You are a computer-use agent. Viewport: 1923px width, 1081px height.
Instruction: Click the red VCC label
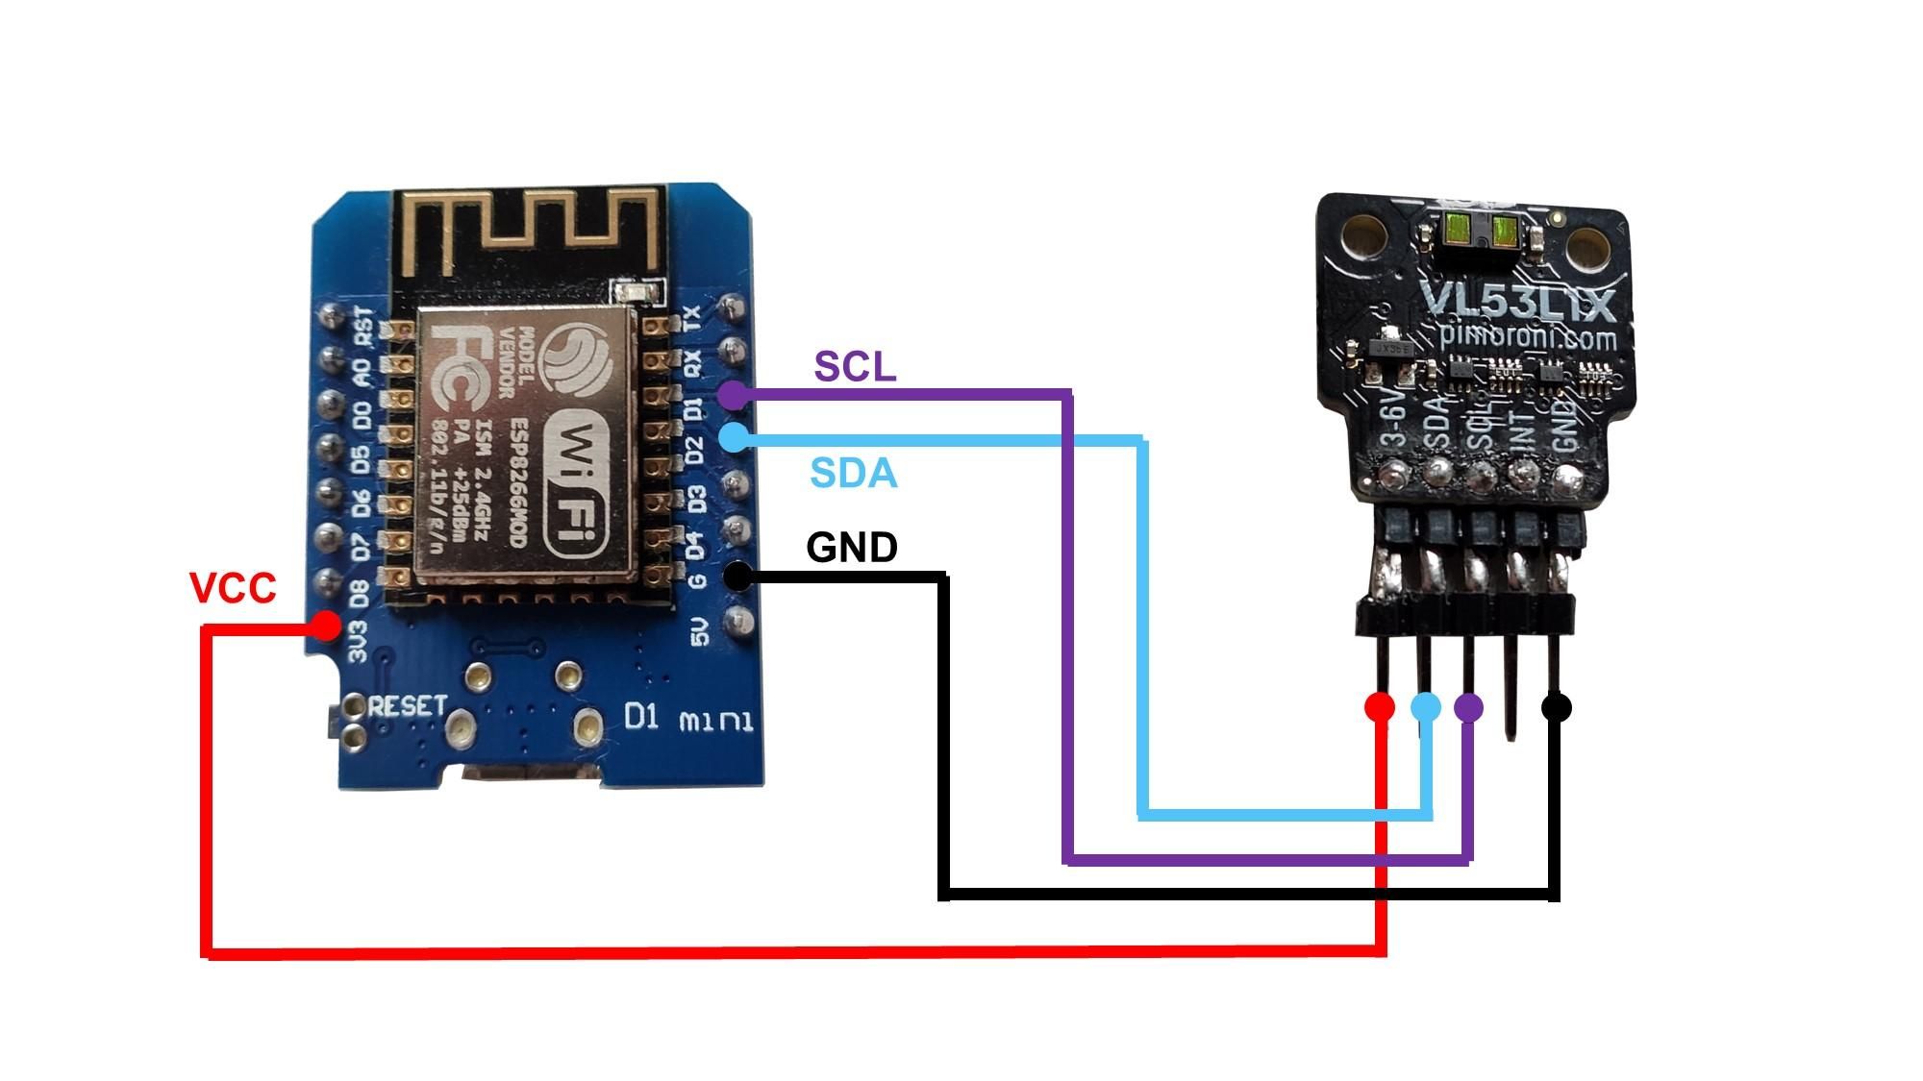pos(233,587)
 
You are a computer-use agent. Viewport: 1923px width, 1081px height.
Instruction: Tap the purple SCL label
pos(855,366)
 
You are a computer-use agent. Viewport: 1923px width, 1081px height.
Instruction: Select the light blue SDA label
pos(854,474)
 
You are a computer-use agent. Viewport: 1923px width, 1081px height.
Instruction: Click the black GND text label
pos(852,547)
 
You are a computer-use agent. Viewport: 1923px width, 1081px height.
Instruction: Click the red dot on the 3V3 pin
pos(327,627)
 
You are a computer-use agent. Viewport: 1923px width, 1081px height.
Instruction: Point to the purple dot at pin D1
pos(733,393)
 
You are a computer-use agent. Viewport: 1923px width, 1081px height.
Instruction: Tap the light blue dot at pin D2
pos(734,438)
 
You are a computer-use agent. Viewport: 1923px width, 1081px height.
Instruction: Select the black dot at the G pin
pos(737,577)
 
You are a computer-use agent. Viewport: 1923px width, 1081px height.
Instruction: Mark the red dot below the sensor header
pos(1380,708)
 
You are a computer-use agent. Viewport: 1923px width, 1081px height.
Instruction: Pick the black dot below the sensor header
pos(1557,708)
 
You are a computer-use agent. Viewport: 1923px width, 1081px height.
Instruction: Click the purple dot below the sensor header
pos(1468,708)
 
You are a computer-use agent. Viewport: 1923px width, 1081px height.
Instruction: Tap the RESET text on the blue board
pos(408,706)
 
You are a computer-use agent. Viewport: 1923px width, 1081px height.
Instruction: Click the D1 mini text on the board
pos(687,718)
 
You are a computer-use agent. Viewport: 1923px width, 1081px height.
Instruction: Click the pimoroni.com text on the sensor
pos(1529,338)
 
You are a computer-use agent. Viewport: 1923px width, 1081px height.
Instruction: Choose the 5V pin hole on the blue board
pos(738,618)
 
